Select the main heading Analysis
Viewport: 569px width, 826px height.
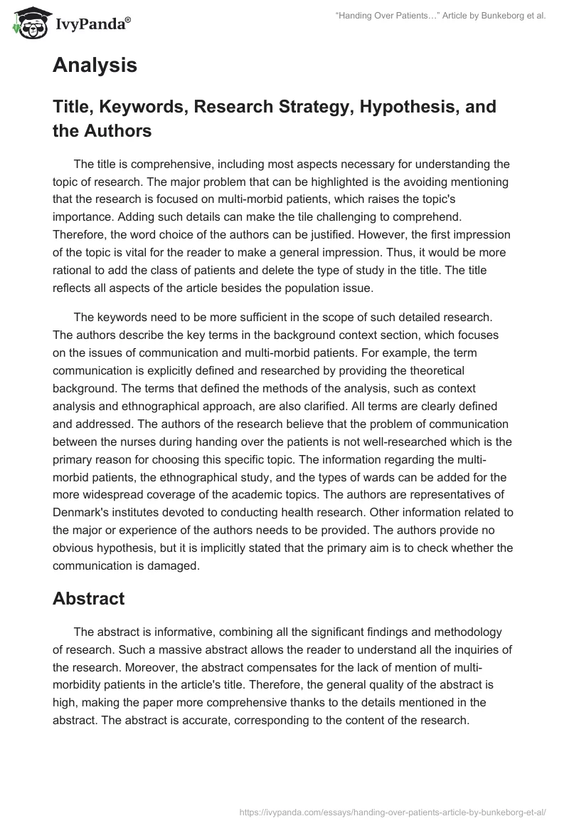click(95, 66)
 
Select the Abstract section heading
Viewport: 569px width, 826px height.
click(88, 599)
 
